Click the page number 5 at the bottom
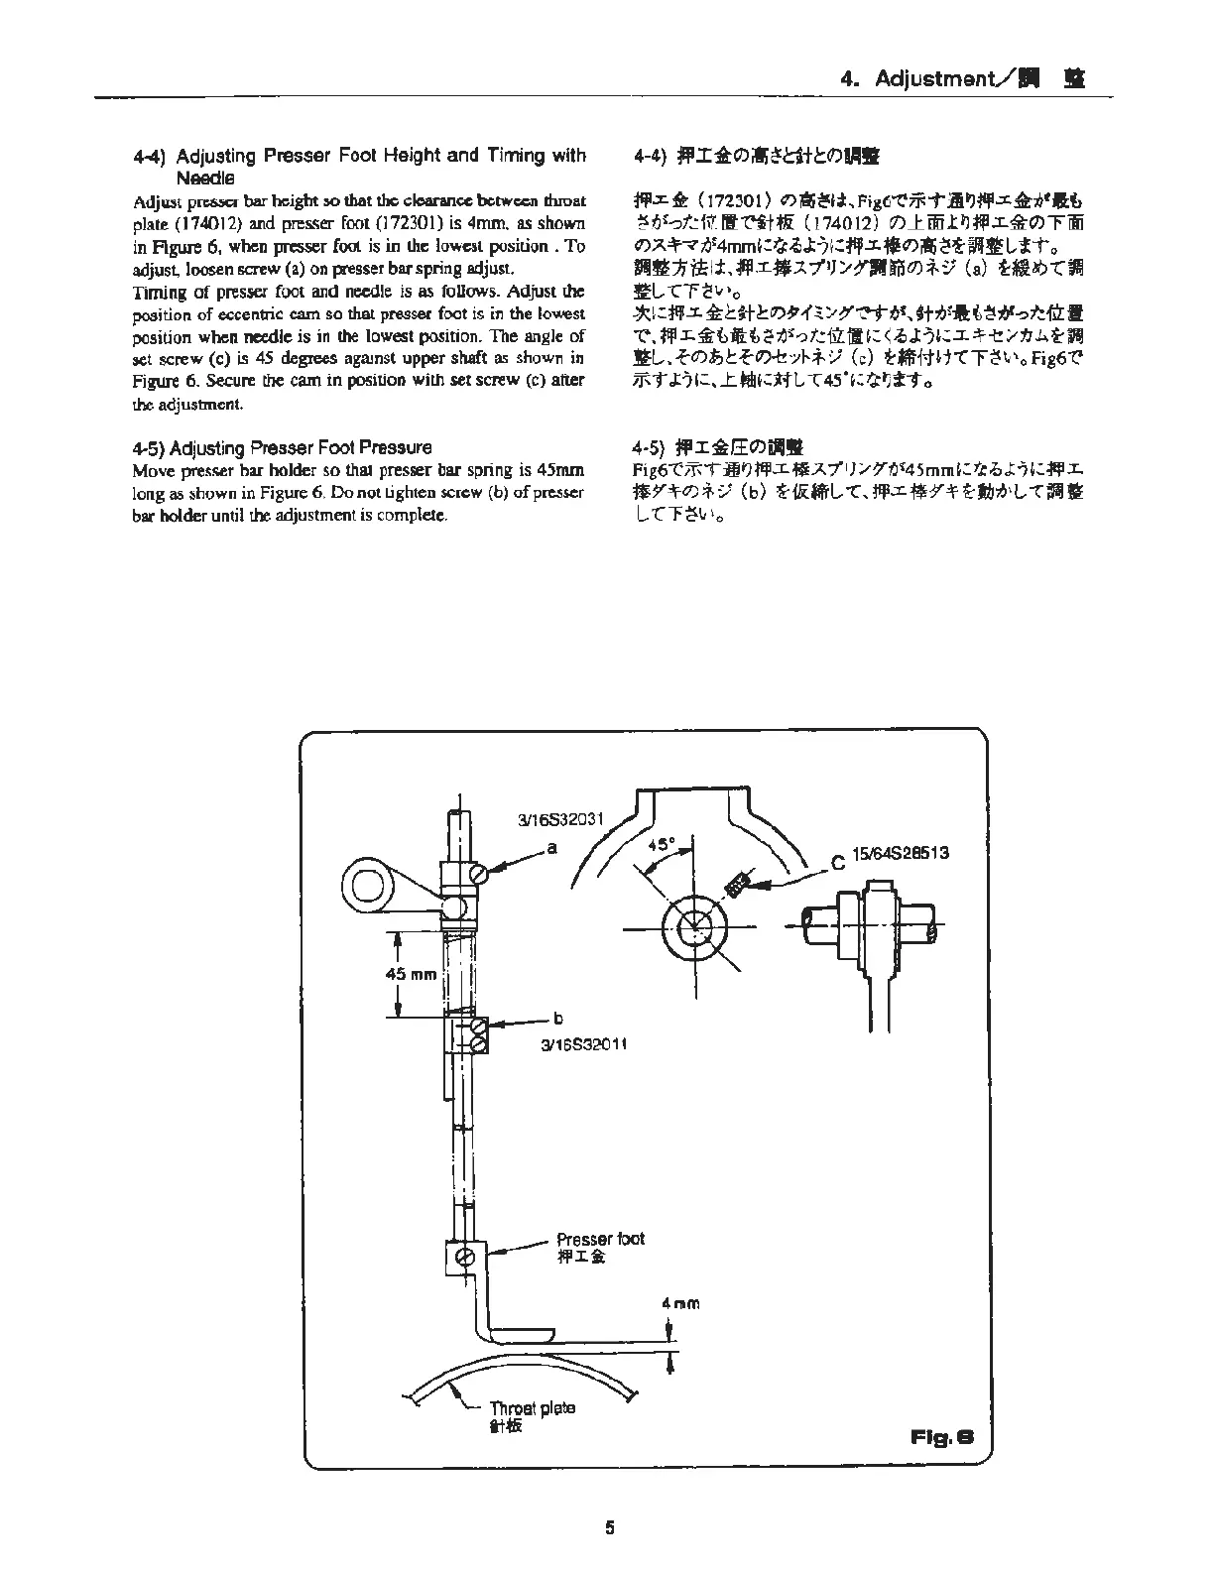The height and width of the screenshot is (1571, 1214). pos(610,1528)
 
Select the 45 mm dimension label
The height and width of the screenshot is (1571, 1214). pos(411,974)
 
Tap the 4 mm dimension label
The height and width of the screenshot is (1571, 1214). pos(680,1303)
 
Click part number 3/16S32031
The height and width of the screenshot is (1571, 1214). pos(560,820)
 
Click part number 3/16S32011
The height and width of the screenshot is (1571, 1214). pos(584,1043)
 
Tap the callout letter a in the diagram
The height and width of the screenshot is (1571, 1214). pos(551,848)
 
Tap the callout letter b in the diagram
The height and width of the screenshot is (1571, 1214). pos(558,1018)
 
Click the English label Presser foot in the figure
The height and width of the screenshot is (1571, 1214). pos(600,1239)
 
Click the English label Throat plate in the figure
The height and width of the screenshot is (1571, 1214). pos(532,1408)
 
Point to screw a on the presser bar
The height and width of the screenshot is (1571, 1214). pos(480,874)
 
